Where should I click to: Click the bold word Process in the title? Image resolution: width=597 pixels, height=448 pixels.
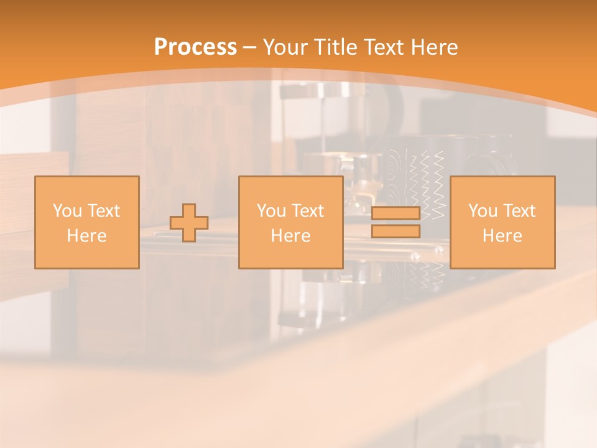(x=195, y=47)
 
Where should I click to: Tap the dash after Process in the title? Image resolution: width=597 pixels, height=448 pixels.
(x=249, y=47)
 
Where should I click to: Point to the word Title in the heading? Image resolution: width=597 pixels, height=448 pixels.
(x=334, y=47)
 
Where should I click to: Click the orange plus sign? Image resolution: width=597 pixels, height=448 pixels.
(x=189, y=223)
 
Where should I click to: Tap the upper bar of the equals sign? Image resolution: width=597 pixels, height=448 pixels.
(x=396, y=213)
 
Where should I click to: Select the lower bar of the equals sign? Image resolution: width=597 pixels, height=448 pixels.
(x=396, y=231)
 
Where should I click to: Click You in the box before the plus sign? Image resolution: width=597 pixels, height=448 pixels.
(x=67, y=211)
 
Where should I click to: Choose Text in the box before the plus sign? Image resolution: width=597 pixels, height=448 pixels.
(x=103, y=211)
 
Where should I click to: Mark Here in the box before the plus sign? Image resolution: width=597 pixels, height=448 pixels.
(x=86, y=236)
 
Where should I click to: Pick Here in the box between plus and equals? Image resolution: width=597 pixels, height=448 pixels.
(x=290, y=236)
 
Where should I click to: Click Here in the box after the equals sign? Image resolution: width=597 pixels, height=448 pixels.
(x=502, y=236)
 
